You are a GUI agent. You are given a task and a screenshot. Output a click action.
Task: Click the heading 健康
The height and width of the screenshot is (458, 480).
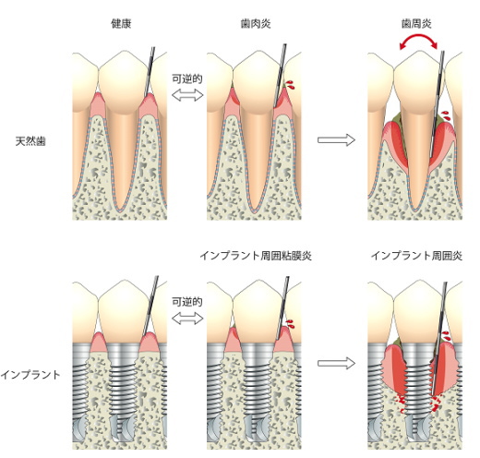coord(121,24)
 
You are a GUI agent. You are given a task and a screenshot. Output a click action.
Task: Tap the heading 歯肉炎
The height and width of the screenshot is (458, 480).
coord(256,24)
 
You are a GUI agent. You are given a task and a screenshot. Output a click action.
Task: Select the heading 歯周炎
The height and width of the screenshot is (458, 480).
coord(416,24)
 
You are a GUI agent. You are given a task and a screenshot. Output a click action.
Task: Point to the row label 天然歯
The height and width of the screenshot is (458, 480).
coord(30,141)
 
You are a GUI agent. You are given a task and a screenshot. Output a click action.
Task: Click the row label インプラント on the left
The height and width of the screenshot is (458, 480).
coord(30,375)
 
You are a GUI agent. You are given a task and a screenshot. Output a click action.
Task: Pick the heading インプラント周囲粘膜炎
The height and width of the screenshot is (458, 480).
coord(256,256)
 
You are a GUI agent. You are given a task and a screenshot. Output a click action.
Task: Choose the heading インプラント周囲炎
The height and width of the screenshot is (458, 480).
coord(416,256)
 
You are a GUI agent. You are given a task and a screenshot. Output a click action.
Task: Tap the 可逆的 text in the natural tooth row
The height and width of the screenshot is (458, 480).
coord(187,79)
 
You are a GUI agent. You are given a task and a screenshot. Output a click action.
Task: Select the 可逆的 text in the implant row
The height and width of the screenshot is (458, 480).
coord(187,302)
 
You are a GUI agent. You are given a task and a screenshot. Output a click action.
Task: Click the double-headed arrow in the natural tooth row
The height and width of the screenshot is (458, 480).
coord(187,95)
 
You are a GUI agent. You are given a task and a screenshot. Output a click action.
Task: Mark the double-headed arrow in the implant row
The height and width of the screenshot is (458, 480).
coord(187,319)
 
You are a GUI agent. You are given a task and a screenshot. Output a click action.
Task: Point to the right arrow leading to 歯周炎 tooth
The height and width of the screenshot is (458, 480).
coord(336,140)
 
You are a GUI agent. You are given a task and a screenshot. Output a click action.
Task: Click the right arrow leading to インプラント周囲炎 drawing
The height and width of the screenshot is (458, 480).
coord(336,364)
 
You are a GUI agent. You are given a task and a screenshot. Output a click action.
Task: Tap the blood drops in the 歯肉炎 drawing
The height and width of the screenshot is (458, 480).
coord(290,85)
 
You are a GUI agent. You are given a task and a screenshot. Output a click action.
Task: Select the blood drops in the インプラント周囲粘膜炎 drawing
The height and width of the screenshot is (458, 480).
coord(290,323)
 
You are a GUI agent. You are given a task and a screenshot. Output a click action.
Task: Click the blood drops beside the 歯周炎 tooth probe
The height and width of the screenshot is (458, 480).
coord(446,116)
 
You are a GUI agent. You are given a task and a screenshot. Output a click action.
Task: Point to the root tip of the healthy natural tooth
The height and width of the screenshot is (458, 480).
coord(119,211)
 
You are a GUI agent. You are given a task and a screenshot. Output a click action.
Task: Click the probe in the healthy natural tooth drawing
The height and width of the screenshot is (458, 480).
coord(150,72)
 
